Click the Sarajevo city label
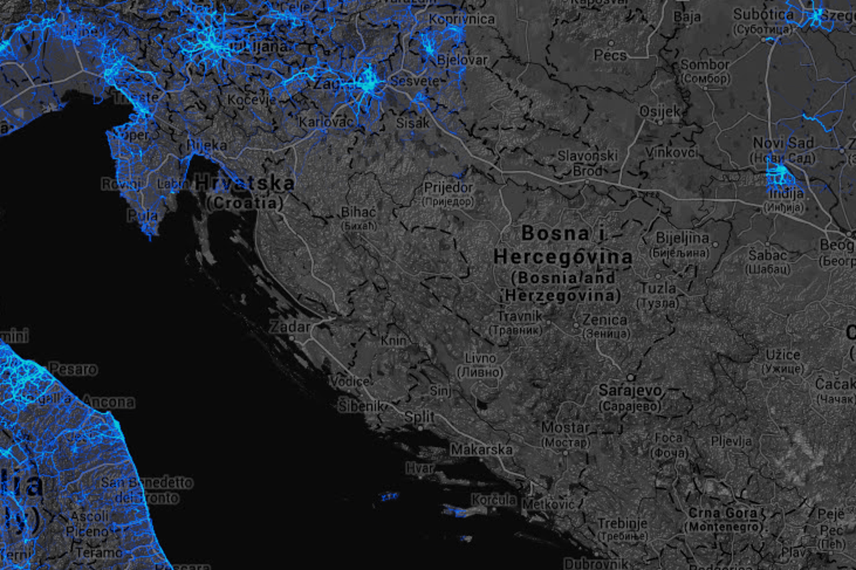click(629, 390)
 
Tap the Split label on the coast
click(419, 416)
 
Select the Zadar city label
click(290, 327)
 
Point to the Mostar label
click(565, 428)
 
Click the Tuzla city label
click(657, 289)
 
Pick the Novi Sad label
click(783, 143)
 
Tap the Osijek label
click(659, 112)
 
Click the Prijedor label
click(448, 188)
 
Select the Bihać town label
click(359, 212)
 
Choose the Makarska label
click(481, 450)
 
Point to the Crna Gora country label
click(723, 513)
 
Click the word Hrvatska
click(245, 183)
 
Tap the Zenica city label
click(605, 320)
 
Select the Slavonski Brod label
click(587, 163)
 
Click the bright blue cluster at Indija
click(780, 176)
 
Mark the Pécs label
click(610, 55)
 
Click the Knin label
click(393, 341)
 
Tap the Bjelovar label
click(462, 60)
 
